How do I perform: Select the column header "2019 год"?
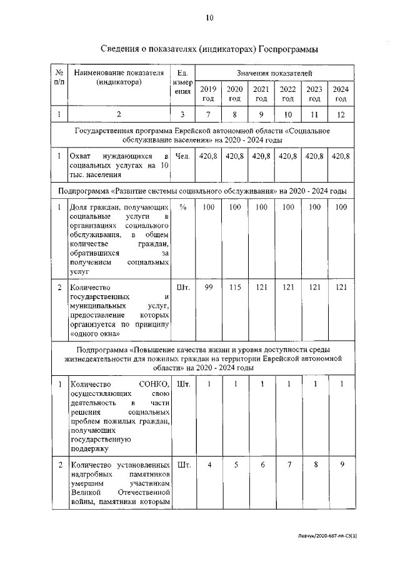click(207, 94)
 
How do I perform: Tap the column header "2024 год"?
click(341, 94)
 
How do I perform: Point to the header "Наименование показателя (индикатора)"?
click(119, 78)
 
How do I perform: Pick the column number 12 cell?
click(341, 114)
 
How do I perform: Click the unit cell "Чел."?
click(182, 156)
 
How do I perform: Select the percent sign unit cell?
click(182, 207)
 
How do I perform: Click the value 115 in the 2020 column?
click(234, 287)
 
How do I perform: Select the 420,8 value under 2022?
click(287, 156)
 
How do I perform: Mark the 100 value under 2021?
click(261, 207)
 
